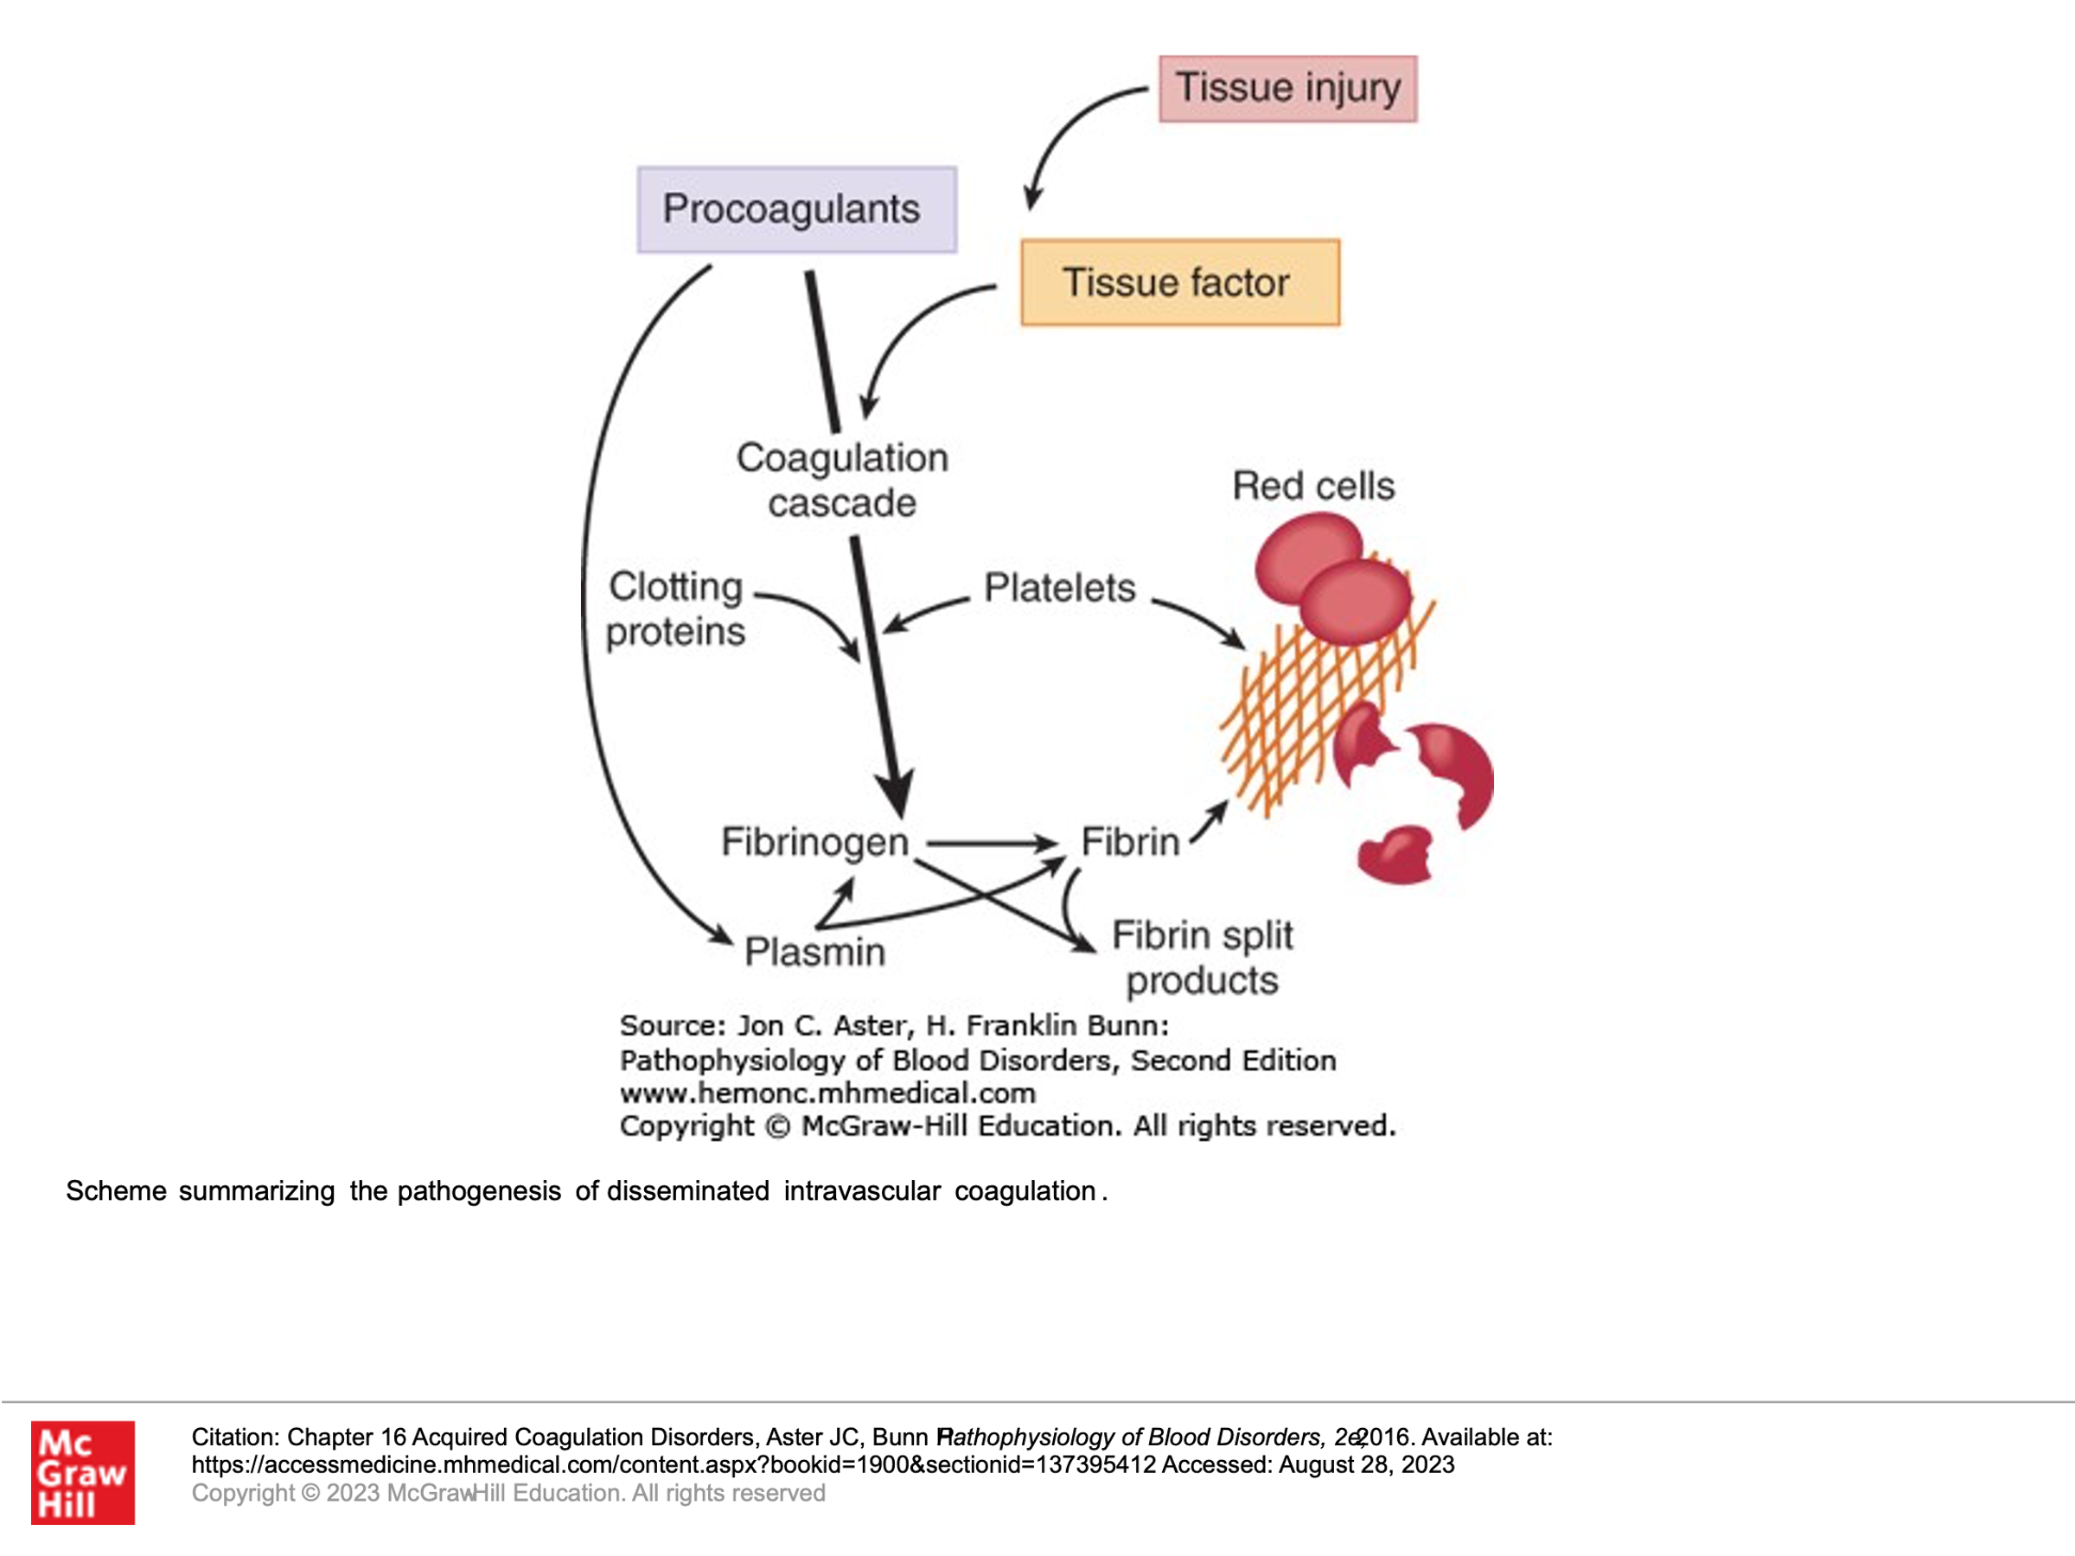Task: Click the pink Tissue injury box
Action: (x=1287, y=89)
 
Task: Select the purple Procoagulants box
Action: (x=796, y=209)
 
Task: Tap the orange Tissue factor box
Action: (x=1179, y=283)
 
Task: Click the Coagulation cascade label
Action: (x=841, y=481)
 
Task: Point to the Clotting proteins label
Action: (x=675, y=609)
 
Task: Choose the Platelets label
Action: (x=1059, y=588)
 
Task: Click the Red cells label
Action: (x=1312, y=486)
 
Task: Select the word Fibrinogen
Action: (x=814, y=841)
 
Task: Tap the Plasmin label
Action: (x=814, y=952)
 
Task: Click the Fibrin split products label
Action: (x=1202, y=958)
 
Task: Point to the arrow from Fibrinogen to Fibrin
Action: (x=990, y=843)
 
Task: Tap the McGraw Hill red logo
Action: (x=82, y=1471)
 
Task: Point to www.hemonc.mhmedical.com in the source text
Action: (x=827, y=1093)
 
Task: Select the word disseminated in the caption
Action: (x=687, y=1191)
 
